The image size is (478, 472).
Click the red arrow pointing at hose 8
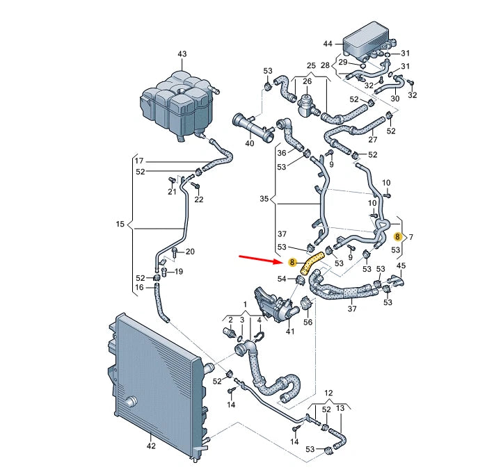point(261,259)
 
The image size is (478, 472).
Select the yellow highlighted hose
point(311,263)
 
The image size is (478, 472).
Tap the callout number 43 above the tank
point(182,54)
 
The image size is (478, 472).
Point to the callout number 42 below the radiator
point(151,446)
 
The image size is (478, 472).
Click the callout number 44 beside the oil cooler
point(328,44)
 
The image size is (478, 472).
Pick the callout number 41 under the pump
point(290,331)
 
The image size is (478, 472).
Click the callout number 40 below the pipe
point(250,143)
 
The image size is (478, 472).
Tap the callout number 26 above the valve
point(308,81)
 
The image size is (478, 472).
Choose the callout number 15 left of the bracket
point(120,224)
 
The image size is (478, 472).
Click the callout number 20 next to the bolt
point(190,252)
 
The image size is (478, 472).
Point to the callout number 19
point(179,271)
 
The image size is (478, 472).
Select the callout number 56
point(308,322)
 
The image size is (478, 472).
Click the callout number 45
point(401,266)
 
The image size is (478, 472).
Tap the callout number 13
point(340,408)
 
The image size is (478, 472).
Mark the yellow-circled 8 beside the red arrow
point(292,262)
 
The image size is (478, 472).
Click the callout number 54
point(282,279)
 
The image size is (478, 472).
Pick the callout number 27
point(373,140)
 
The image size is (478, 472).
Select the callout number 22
point(199,199)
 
